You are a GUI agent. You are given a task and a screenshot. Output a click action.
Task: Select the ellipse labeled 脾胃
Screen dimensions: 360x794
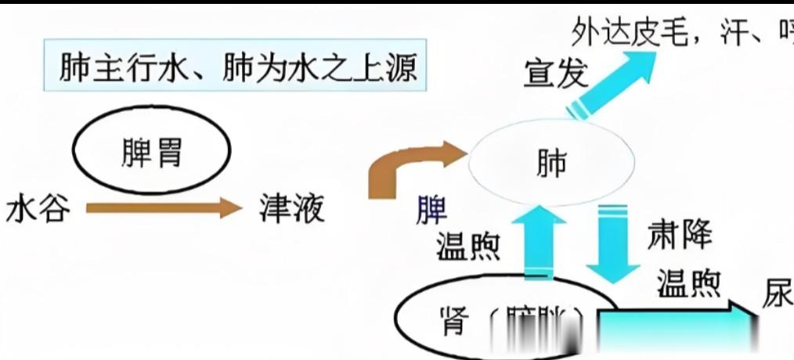click(152, 153)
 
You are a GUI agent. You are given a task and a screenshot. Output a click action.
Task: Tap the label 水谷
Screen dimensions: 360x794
click(38, 210)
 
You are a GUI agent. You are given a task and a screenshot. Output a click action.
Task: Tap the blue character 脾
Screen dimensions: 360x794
click(431, 211)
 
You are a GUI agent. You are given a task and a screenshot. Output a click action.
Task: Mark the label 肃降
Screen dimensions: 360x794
click(680, 233)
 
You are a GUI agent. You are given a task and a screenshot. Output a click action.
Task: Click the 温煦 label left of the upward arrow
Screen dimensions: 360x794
click(468, 247)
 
